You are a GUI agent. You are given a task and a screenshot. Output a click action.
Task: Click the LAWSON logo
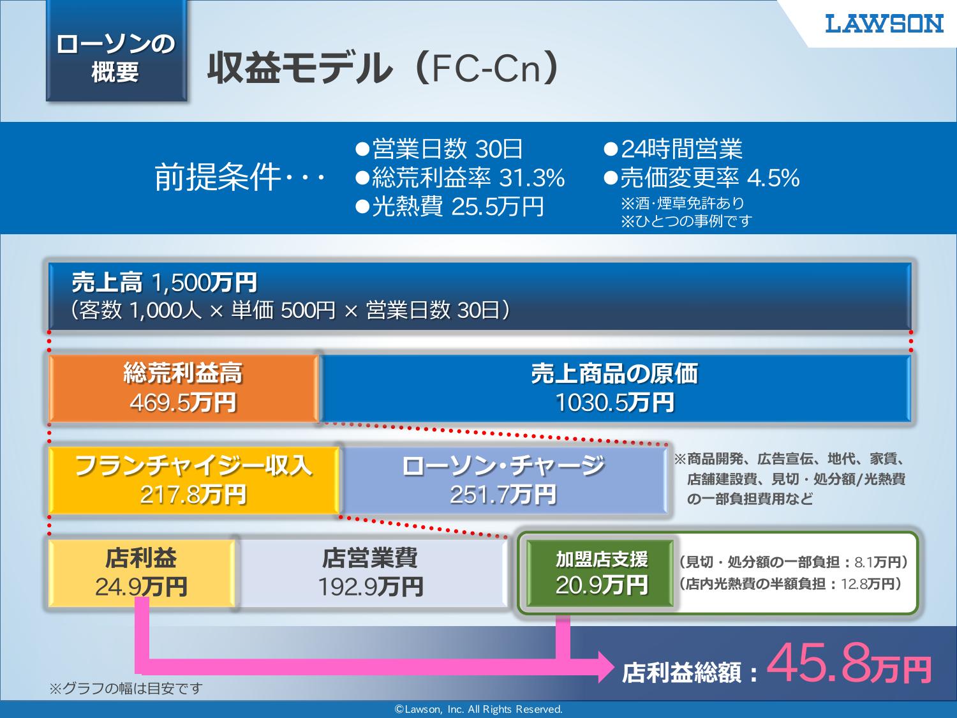[884, 24]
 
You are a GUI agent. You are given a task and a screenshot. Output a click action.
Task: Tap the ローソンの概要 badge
[116, 52]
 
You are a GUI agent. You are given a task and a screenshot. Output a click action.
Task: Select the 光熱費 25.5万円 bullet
[450, 206]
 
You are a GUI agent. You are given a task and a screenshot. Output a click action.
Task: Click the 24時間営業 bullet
[672, 149]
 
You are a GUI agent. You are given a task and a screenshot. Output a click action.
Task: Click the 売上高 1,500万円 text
[165, 283]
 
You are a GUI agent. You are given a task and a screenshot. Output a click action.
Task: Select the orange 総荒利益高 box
[184, 388]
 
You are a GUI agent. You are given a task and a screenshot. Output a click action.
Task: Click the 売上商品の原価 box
[615, 388]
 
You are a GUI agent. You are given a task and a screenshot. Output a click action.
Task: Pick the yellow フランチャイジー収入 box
[193, 480]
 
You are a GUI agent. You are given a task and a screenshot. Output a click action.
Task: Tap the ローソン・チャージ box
[503, 480]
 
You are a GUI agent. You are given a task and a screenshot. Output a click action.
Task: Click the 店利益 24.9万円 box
[141, 573]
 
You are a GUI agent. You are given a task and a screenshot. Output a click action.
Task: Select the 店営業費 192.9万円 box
[371, 573]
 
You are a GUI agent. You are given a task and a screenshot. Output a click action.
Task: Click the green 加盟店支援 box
[601, 573]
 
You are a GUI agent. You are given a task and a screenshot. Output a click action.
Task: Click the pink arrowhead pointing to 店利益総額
[606, 667]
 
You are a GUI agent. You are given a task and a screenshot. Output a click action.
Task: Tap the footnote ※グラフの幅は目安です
[126, 689]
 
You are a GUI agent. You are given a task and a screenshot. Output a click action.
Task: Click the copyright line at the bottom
[478, 709]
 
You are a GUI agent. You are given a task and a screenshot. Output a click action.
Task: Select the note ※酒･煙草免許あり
[682, 203]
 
